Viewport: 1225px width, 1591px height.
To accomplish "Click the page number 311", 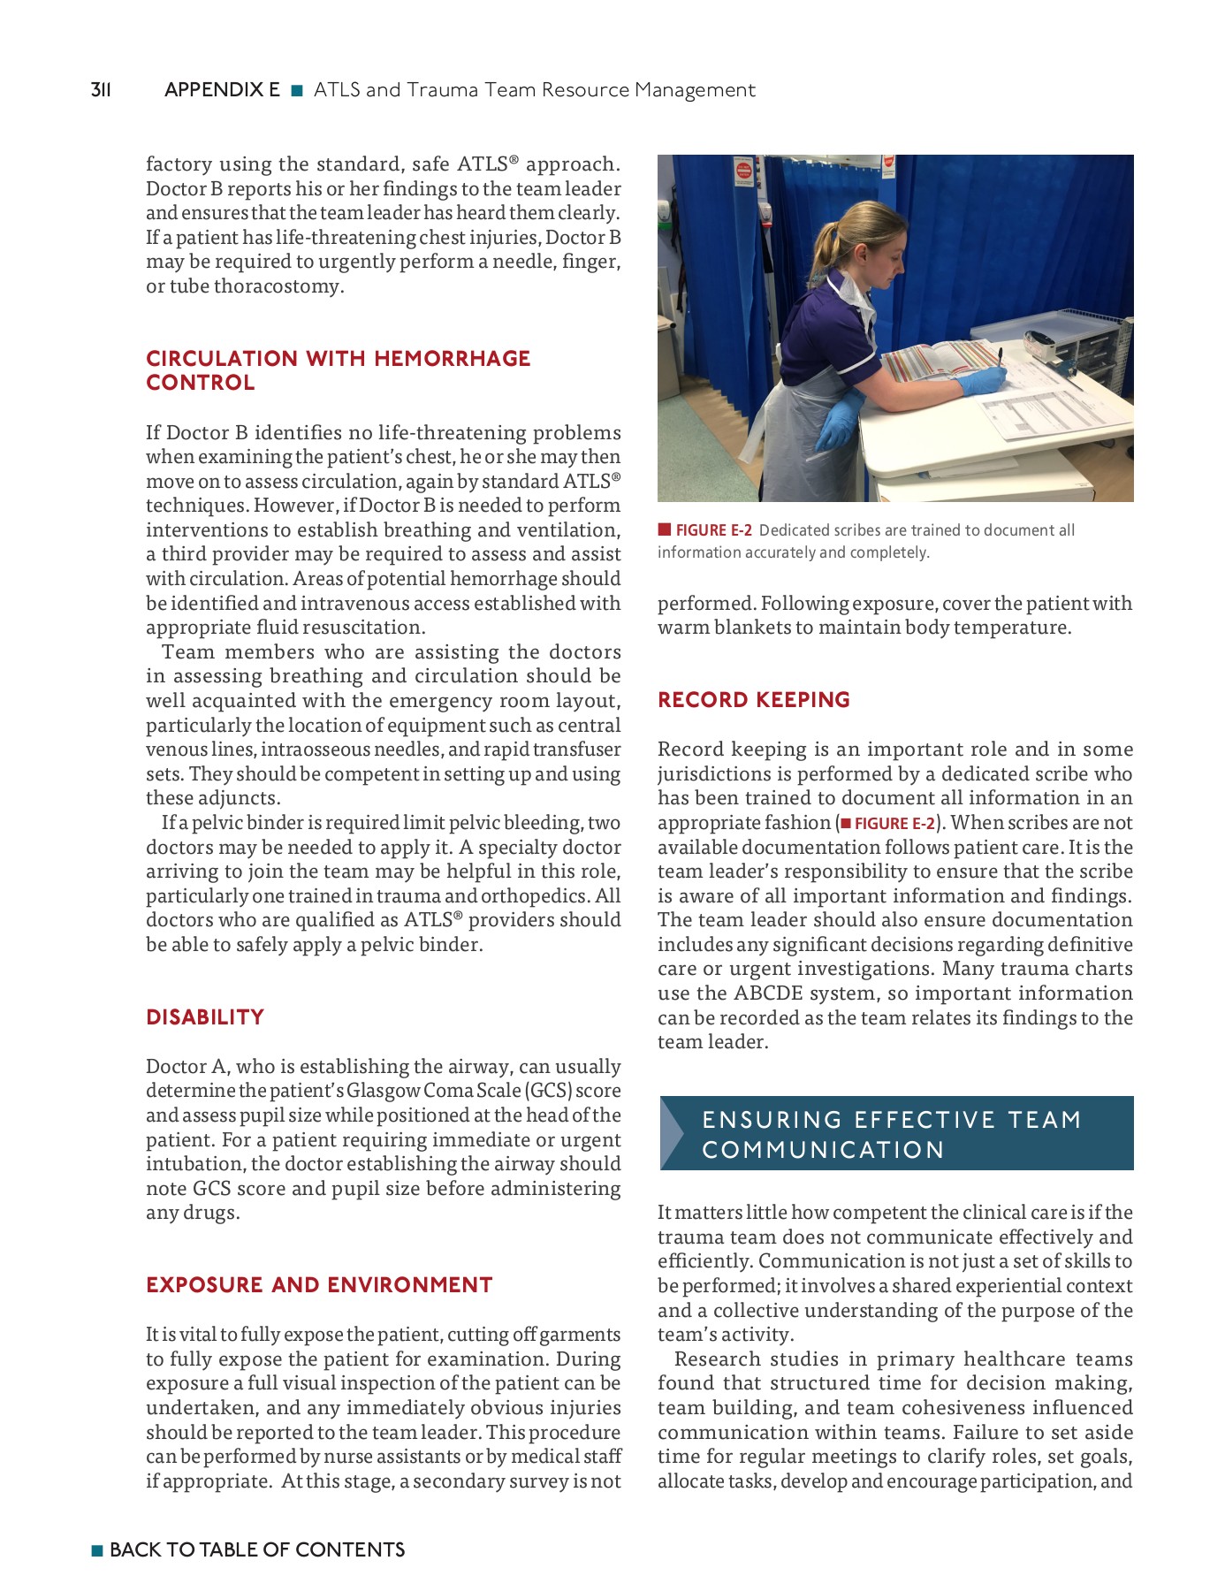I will coord(101,90).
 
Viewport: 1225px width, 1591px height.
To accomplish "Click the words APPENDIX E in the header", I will coord(222,90).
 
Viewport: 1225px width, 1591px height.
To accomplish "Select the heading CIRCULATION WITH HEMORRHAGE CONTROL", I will coord(338,370).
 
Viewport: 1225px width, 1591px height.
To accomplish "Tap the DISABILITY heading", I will coord(205,1017).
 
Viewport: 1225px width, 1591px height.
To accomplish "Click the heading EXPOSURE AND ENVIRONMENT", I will coord(319,1285).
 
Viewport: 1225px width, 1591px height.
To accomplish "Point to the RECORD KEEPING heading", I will coord(753,700).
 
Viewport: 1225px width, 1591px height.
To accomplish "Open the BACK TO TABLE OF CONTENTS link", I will coord(256,1549).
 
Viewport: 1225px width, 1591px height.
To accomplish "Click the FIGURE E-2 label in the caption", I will coord(712,530).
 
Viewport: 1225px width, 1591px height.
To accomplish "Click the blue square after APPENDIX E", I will coord(297,90).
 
